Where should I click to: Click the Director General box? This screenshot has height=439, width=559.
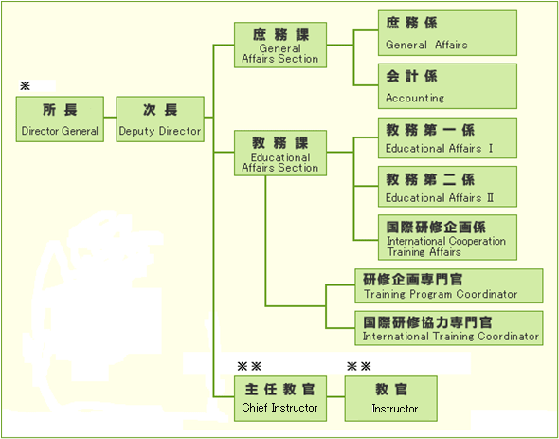pyautogui.click(x=60, y=119)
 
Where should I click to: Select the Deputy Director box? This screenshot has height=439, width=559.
pyautogui.click(x=159, y=119)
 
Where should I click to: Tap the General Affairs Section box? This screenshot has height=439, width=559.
pyautogui.click(x=279, y=45)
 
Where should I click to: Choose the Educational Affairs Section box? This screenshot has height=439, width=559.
pyautogui.click(x=279, y=153)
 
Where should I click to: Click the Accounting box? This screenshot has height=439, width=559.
pyautogui.click(x=448, y=86)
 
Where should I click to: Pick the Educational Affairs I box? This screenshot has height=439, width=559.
pyautogui.click(x=448, y=138)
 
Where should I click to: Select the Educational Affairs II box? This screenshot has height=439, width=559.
pyautogui.click(x=448, y=187)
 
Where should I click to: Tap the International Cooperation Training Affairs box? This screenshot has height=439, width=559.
pyautogui.click(x=448, y=237)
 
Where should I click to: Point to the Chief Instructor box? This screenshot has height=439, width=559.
pyautogui.click(x=279, y=398)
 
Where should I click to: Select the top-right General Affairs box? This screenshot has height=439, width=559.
pyautogui.click(x=448, y=33)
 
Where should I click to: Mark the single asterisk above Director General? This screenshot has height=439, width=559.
pyautogui.click(x=25, y=85)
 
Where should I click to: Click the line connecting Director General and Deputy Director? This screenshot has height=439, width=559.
pyautogui.click(x=109, y=119)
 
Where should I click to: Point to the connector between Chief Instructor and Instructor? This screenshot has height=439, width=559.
pyautogui.click(x=334, y=398)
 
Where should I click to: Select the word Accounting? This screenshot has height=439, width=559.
pyautogui.click(x=415, y=98)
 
